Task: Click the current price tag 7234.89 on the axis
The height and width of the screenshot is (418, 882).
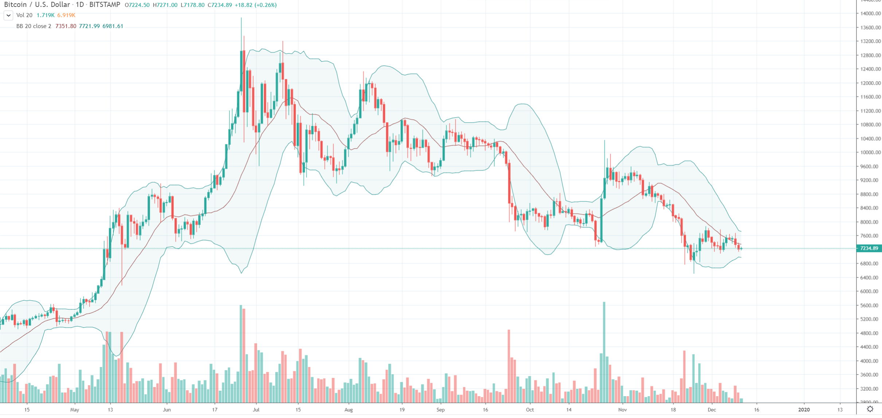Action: [869, 248]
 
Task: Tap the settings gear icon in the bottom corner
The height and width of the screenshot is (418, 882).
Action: [870, 409]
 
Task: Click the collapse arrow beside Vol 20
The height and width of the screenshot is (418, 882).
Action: [8, 15]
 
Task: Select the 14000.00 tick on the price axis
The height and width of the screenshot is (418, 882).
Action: [869, 13]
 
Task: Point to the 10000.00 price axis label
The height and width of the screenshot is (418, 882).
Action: [869, 153]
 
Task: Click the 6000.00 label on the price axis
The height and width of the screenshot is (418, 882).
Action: [869, 291]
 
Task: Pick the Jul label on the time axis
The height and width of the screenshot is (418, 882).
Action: [256, 410]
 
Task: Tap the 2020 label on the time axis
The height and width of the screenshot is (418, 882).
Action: [804, 410]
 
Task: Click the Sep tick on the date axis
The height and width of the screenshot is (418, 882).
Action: [441, 410]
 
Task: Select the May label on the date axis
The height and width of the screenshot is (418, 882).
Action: [74, 410]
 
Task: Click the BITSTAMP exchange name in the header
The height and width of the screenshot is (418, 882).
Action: [105, 5]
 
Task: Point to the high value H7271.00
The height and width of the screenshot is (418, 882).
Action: [165, 5]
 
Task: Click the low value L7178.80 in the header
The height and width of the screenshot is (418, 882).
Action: [192, 5]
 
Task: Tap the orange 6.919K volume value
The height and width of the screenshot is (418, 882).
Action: [66, 15]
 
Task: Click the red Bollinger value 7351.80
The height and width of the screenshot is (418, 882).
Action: [66, 26]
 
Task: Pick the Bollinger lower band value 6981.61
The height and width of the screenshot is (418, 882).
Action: [113, 26]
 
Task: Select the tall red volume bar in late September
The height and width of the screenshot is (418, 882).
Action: [509, 364]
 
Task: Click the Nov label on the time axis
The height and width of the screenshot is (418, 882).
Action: [623, 410]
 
